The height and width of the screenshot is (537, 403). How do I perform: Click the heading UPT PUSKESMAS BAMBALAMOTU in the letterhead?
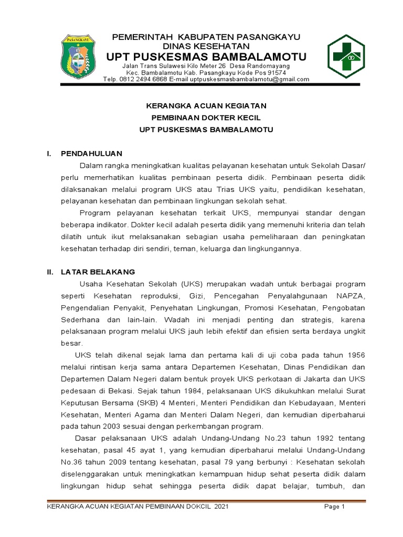(207, 57)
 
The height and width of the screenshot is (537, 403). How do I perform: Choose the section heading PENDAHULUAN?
(91, 154)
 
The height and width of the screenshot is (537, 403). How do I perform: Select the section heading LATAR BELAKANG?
(98, 272)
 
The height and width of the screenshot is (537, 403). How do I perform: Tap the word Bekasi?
(121, 391)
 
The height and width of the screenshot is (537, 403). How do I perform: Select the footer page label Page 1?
(334, 507)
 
